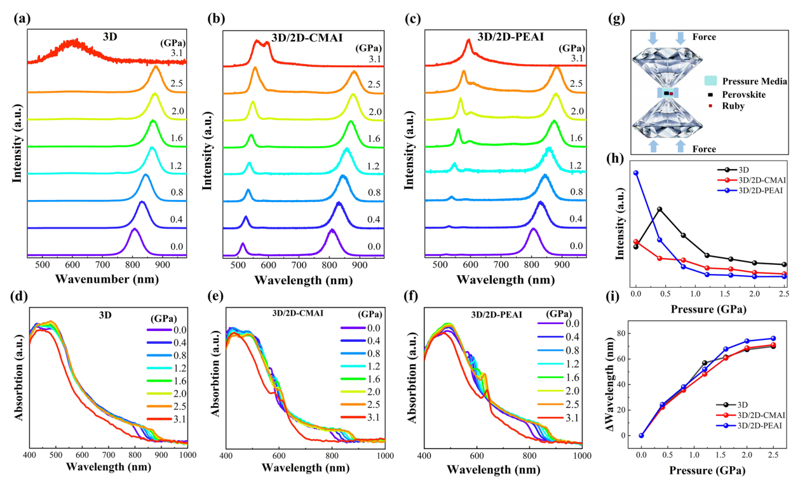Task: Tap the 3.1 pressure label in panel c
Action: pos(577,58)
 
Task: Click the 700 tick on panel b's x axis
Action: pos(298,263)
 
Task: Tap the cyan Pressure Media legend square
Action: pos(712,81)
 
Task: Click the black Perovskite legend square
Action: pos(712,94)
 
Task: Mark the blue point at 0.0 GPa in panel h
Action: pos(635,173)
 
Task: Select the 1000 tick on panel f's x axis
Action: pos(581,455)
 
